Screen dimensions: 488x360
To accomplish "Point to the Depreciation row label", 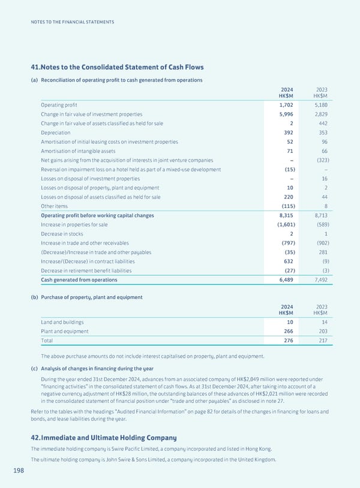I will tap(56, 132).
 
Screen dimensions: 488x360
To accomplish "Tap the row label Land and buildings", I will tap(62, 322).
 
